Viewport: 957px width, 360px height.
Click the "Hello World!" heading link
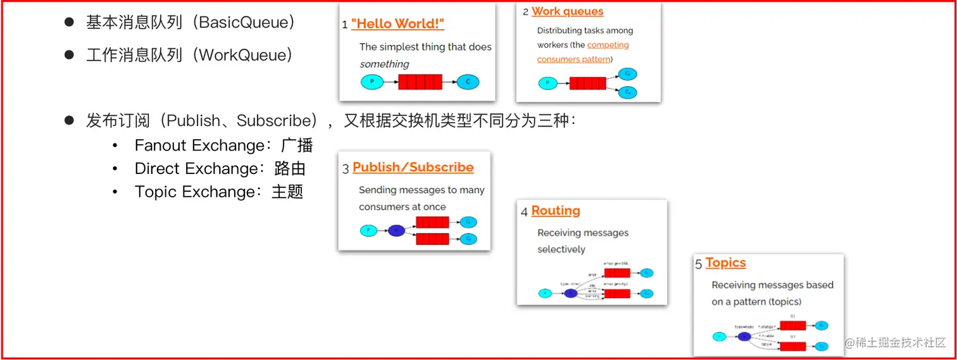tap(397, 24)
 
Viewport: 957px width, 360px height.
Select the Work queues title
tap(567, 11)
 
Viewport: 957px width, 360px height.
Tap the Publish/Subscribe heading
tap(413, 168)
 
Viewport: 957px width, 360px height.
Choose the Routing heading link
tap(555, 211)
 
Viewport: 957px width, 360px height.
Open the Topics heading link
tap(725, 263)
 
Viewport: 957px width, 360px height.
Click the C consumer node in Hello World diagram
tap(468, 82)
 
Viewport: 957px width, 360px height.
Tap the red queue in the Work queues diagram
tap(587, 84)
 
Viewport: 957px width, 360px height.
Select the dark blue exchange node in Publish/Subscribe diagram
tap(396, 231)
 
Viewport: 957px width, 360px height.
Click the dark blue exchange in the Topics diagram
tap(744, 337)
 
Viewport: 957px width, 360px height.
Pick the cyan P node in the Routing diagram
tap(544, 294)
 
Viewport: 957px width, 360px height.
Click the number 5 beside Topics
tap(699, 264)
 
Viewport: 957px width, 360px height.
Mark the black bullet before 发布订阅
tap(70, 120)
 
